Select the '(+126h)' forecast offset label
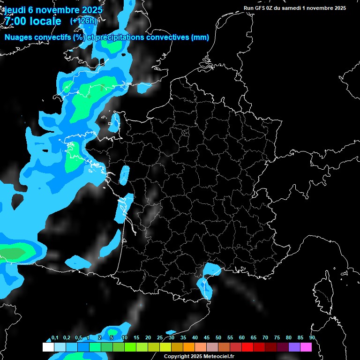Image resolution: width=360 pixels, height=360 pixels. tap(83, 21)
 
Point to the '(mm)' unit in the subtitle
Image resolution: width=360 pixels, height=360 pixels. tap(200, 37)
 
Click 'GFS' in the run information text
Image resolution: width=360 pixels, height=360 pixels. tap(264, 8)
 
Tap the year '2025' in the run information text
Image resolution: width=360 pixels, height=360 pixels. tap(337, 8)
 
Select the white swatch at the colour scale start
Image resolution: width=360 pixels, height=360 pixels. tap(48, 347)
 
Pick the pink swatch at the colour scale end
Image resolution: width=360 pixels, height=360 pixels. tap(306, 347)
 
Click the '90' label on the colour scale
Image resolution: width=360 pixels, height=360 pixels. tap(312, 338)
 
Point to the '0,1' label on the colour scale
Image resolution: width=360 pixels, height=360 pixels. tap(54, 338)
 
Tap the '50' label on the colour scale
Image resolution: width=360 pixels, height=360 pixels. tap(218, 338)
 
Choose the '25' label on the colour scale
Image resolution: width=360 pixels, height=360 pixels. tap(160, 338)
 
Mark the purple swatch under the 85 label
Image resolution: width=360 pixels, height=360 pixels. tap(294, 347)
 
